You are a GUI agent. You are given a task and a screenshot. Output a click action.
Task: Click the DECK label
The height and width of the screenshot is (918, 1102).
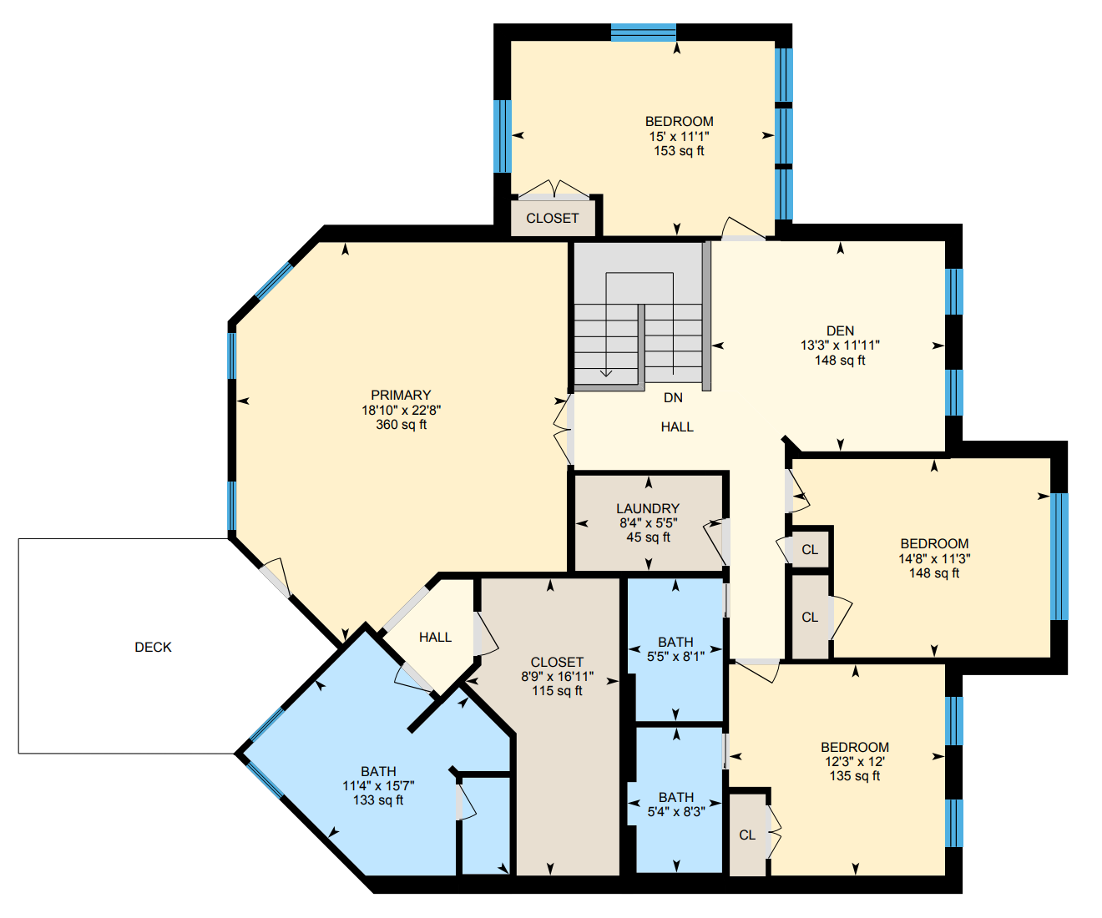tap(153, 648)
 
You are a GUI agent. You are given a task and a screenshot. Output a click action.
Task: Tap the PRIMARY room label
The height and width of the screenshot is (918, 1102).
tap(401, 396)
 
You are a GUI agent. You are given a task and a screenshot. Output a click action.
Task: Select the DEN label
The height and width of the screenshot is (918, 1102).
tap(840, 330)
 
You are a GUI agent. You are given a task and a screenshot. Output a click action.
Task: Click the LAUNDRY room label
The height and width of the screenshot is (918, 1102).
tap(648, 508)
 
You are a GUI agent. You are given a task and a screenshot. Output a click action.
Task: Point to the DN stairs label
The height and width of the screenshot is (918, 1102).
tap(674, 398)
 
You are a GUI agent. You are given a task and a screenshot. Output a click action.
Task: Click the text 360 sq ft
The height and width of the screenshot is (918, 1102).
tap(401, 425)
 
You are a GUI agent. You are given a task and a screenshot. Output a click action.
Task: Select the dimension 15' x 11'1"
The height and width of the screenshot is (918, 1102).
tap(680, 137)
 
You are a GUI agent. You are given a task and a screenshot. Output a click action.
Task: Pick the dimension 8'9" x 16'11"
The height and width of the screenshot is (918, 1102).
tap(558, 676)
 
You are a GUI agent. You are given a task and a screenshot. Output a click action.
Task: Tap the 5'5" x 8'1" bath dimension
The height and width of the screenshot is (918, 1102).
tap(676, 657)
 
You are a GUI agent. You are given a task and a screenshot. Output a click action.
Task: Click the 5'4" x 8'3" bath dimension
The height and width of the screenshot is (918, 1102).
tap(676, 812)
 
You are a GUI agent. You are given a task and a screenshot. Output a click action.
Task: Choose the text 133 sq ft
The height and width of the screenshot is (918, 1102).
tap(378, 800)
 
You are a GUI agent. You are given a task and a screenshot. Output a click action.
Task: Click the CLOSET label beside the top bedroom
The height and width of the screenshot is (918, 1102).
tap(553, 219)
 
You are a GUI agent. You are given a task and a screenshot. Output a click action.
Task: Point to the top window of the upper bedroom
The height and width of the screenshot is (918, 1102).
tap(644, 33)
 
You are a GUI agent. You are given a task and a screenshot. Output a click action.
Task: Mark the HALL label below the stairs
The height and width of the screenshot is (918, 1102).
tap(677, 426)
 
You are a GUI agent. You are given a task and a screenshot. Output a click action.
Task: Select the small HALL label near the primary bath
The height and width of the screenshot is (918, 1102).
tap(436, 638)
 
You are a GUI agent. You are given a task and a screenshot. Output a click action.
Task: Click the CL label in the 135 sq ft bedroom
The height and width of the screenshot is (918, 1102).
tap(747, 835)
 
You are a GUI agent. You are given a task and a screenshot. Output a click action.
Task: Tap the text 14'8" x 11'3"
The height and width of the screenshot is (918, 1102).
tap(935, 558)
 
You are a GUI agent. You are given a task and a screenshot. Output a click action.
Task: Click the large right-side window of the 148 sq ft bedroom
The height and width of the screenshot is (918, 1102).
tap(1059, 557)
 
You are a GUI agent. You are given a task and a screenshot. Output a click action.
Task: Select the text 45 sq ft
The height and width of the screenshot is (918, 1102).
tap(648, 537)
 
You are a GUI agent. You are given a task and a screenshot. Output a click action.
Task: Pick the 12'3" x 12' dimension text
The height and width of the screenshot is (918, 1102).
tap(855, 762)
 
